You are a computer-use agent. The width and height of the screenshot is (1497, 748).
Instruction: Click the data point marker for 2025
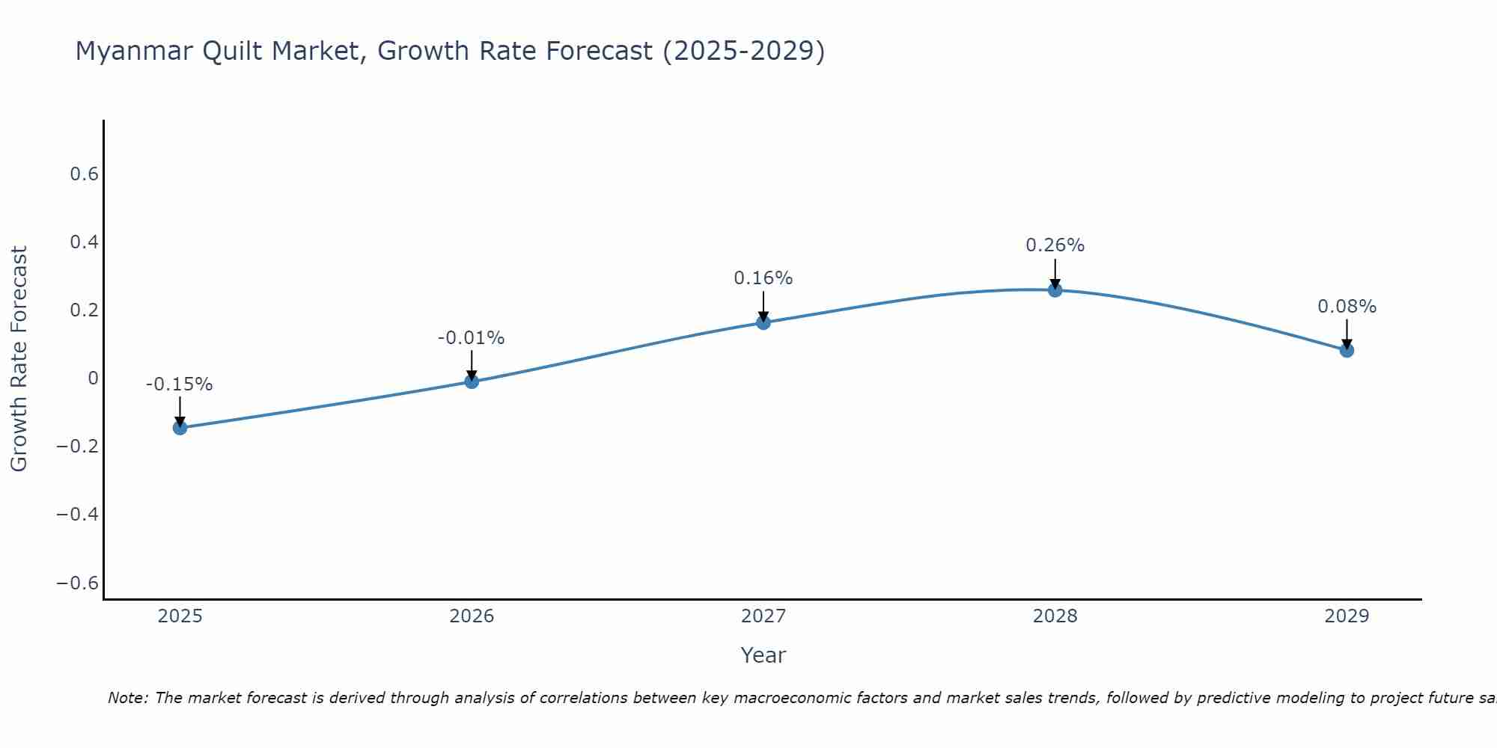pos(180,428)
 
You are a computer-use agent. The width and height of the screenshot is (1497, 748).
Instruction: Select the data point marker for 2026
pos(472,381)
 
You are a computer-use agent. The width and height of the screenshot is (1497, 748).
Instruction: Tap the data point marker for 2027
pos(763,322)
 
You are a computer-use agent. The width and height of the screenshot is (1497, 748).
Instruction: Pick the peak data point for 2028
pos(1055,289)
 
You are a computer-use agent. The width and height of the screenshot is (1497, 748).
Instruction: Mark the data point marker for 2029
pos(1347,350)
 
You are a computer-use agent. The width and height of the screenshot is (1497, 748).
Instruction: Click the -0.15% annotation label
pos(180,384)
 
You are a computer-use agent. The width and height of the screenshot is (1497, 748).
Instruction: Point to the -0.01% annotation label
pos(472,338)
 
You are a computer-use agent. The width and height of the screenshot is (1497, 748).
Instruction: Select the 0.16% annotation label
pos(763,278)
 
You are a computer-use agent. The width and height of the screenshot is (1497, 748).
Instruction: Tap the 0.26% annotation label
pos(1055,245)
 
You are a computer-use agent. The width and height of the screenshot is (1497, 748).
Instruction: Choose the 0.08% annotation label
pos(1347,307)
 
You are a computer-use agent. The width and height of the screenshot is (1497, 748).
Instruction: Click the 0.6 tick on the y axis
pos(84,174)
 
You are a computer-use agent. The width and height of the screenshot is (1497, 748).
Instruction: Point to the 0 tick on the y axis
pos(93,378)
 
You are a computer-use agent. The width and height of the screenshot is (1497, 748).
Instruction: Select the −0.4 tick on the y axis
pos(77,515)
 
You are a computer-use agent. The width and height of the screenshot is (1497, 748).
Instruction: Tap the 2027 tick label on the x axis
pos(763,616)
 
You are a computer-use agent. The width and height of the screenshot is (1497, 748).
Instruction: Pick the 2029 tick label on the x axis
pos(1347,616)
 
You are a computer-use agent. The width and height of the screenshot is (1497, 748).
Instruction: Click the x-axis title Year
pos(763,655)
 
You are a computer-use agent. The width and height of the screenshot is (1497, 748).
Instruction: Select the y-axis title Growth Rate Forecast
pos(19,359)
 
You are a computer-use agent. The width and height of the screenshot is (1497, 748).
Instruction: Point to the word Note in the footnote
pos(126,698)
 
